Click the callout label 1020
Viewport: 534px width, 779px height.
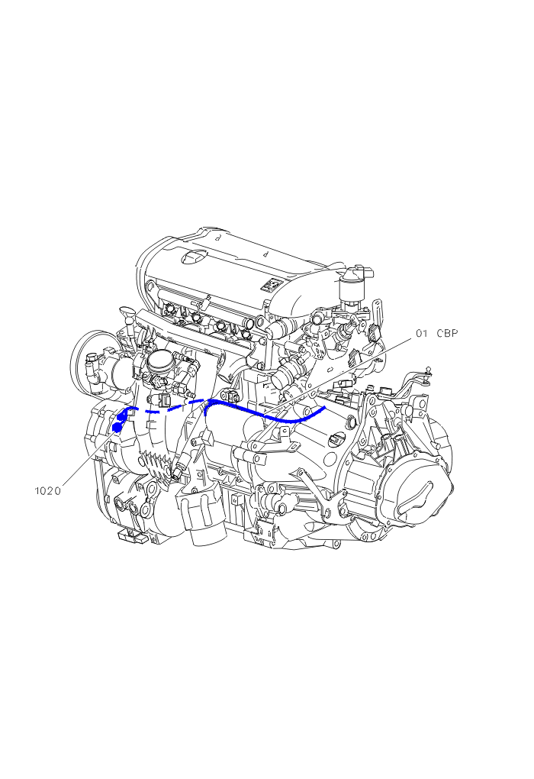tap(47, 491)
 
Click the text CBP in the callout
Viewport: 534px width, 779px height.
tap(447, 333)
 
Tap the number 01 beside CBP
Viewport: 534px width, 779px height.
tap(422, 333)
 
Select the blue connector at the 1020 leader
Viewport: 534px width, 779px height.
tap(118, 426)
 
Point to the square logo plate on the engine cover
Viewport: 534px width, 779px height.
tap(271, 285)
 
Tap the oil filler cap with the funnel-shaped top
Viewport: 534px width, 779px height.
tap(127, 315)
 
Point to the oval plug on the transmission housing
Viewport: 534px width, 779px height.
tap(336, 438)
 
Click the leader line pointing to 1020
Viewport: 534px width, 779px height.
tap(88, 457)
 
